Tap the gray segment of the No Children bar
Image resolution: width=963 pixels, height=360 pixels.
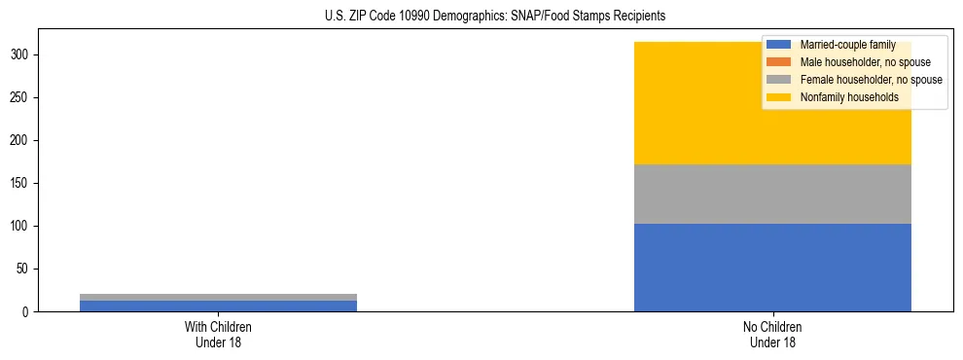[772, 194]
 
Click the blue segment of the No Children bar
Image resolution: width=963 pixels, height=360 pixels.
[772, 268]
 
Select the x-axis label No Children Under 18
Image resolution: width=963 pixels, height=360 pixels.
[772, 334]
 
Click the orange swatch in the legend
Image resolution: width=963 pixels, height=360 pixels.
[779, 62]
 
